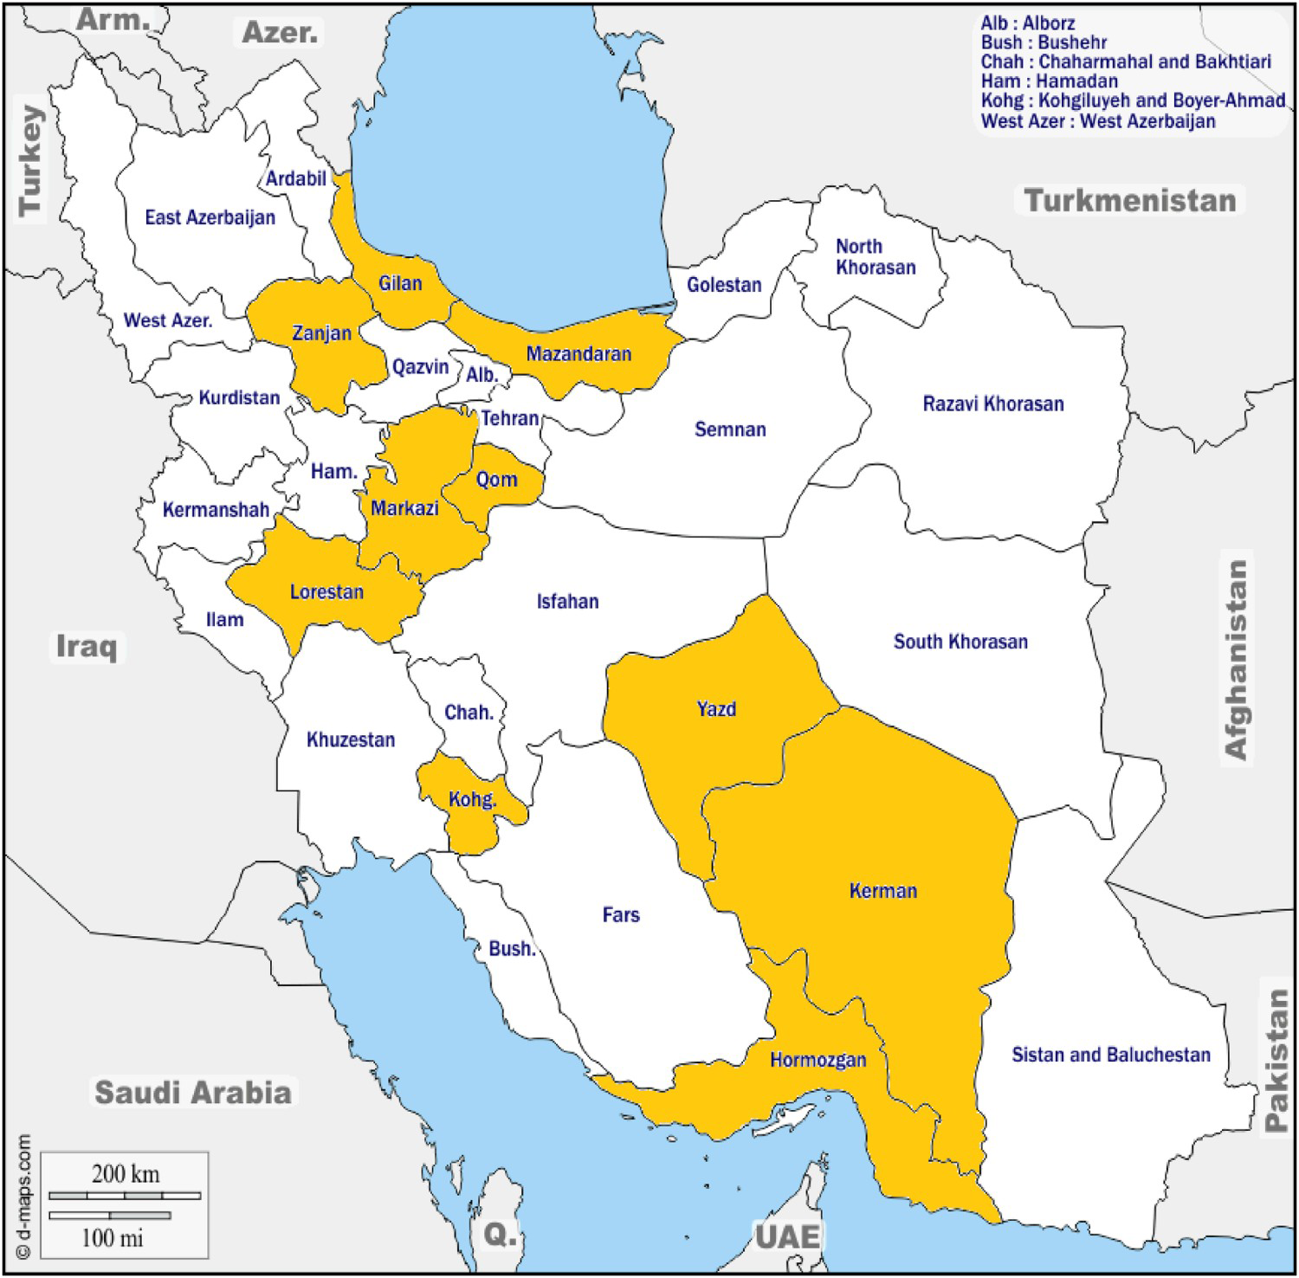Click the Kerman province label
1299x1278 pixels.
pos(882,890)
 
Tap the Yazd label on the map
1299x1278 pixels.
pos(716,709)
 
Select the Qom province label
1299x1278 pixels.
pos(496,479)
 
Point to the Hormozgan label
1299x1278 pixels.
pos(818,1059)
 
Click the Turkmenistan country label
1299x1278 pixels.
pos(1130,200)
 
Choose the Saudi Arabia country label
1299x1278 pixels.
pos(192,1092)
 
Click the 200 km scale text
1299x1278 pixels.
pos(126,1174)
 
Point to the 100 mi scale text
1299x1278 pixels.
pos(112,1238)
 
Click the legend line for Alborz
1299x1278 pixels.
pos(1027,23)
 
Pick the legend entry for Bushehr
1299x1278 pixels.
pos(1044,42)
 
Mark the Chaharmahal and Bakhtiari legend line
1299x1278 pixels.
pos(1126,61)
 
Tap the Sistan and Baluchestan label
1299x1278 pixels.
pos(1110,1055)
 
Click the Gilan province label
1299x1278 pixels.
pos(400,283)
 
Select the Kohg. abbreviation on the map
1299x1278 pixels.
pos(472,799)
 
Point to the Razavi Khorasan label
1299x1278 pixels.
pos(992,403)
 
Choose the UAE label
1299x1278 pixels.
pos(786,1236)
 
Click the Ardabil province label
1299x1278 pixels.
pos(295,178)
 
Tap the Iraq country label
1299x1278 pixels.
pos(86,645)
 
